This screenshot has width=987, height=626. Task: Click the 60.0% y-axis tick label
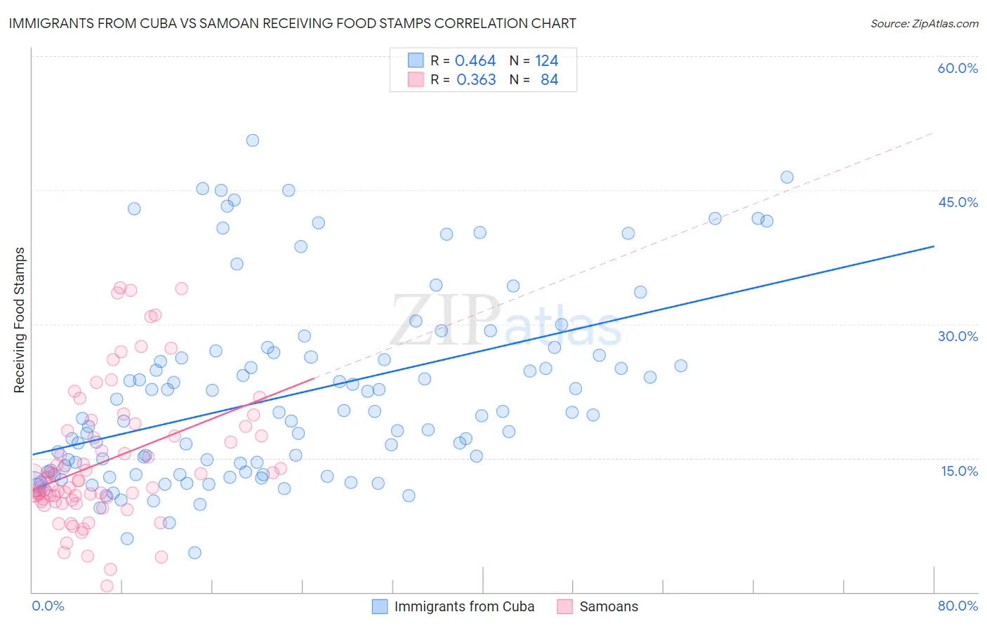[958, 68]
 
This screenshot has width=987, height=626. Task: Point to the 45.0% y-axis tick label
[958, 202]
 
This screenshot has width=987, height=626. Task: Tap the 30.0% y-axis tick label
[958, 336]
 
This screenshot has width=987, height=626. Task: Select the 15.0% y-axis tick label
[959, 470]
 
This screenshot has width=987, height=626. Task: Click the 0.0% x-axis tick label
[48, 606]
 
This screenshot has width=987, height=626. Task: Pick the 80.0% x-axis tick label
[958, 606]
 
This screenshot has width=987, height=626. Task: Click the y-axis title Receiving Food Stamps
[19, 320]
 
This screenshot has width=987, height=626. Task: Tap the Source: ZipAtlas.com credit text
[924, 23]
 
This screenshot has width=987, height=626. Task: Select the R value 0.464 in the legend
[475, 61]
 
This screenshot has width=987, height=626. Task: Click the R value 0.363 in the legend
[476, 80]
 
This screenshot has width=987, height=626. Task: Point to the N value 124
[546, 61]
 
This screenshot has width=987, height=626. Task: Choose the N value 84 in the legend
[549, 80]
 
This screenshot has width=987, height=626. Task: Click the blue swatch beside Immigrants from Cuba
[380, 606]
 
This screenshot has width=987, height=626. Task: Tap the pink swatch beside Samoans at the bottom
[565, 606]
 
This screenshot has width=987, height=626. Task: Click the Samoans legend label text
[609, 606]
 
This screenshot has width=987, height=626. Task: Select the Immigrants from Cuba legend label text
[464, 606]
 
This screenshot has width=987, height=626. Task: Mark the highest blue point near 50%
[253, 140]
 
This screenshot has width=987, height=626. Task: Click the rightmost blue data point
[787, 178]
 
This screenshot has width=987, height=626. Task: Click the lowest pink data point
[107, 586]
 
